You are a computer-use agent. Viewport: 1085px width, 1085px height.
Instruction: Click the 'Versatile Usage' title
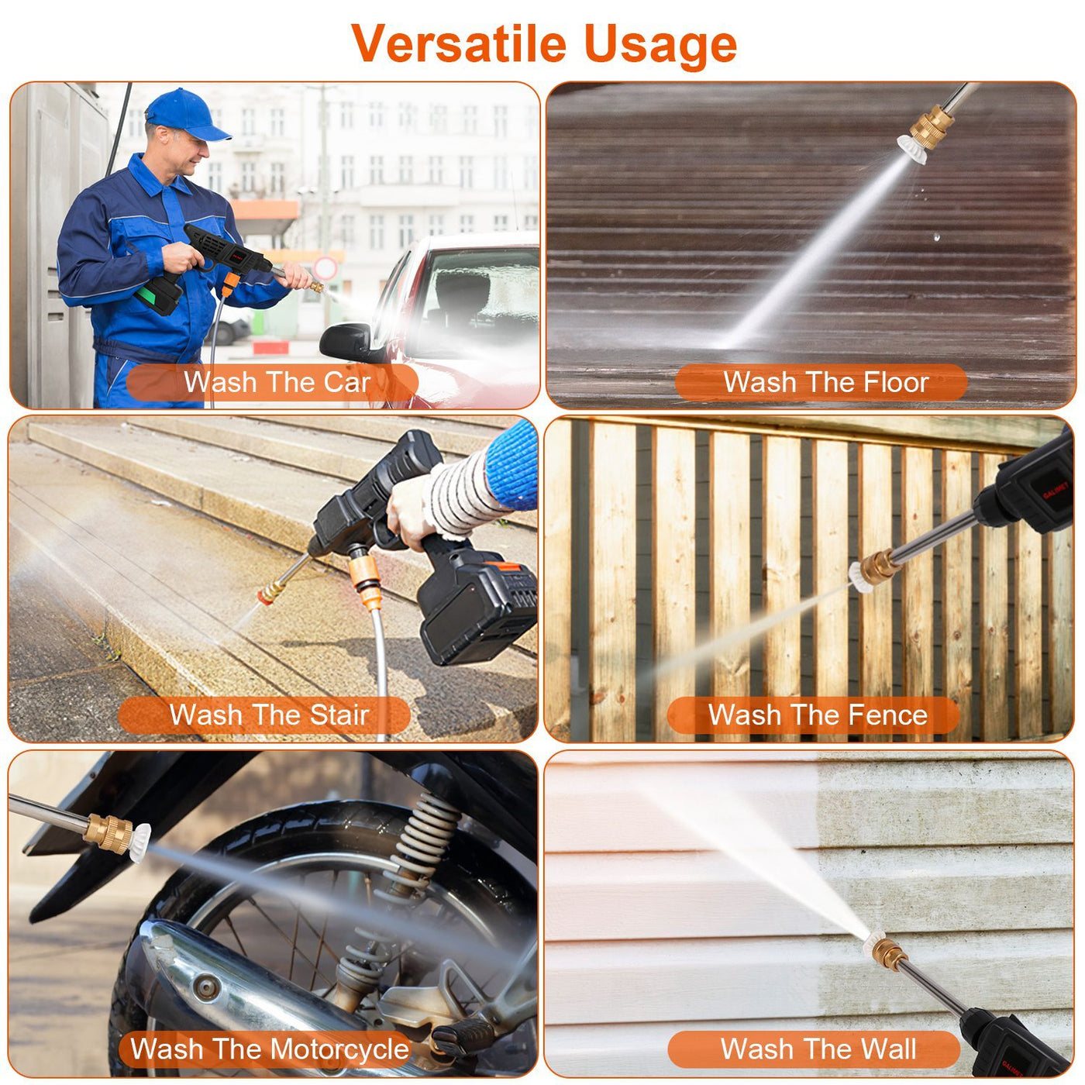pyautogui.click(x=543, y=43)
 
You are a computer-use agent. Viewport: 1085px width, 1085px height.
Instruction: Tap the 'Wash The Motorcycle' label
pyautogui.click(x=268, y=1049)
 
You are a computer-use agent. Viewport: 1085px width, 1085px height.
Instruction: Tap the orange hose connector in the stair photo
pyautogui.click(x=364, y=577)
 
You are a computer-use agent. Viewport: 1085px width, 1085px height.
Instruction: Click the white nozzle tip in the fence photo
pyautogui.click(x=859, y=578)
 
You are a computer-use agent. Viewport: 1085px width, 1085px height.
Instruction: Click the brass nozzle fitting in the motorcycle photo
pyautogui.click(x=108, y=833)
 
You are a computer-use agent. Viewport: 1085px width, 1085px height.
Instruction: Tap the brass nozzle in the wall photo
pyautogui.click(x=889, y=953)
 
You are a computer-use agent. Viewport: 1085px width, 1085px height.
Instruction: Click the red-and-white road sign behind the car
pyautogui.click(x=325, y=268)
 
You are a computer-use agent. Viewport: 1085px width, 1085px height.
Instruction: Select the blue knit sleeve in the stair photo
pyautogui.click(x=512, y=465)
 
